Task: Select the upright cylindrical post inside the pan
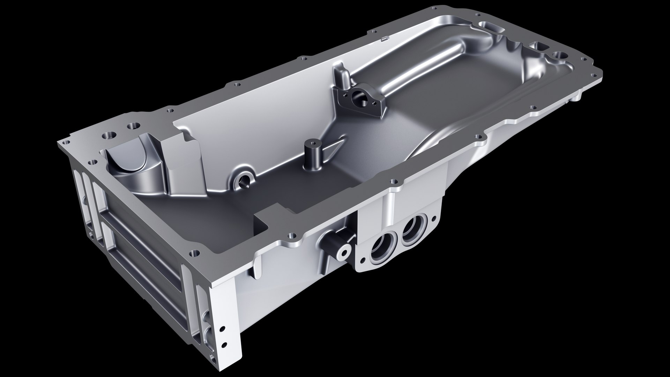[x=311, y=155]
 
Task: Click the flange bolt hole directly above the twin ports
[x=395, y=182]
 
